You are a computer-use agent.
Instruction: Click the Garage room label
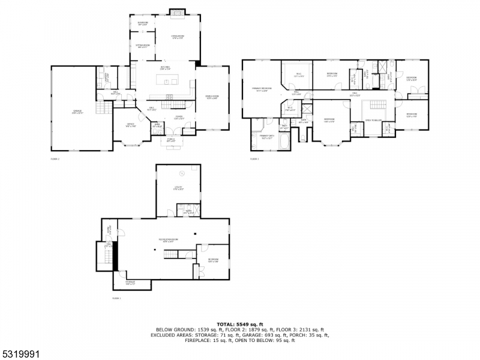tap(77, 112)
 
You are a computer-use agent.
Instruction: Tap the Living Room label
tap(178, 37)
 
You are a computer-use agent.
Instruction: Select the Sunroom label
tap(143, 23)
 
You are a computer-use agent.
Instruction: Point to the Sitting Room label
tap(143, 46)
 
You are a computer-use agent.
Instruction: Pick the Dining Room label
tap(212, 97)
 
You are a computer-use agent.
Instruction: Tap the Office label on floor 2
tap(130, 125)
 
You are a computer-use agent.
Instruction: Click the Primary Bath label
tap(267, 137)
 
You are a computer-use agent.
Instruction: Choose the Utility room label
tap(178, 188)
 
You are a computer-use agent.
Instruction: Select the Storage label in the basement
tap(130, 283)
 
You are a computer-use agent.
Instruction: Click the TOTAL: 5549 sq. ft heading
tap(239, 325)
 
